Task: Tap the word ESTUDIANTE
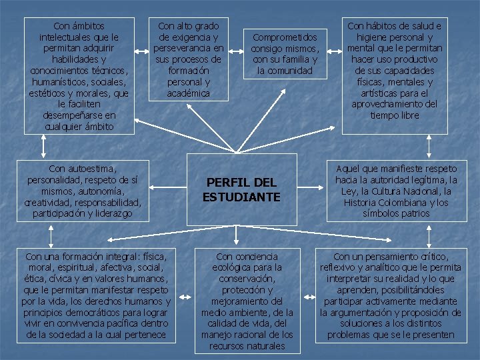pos(241,197)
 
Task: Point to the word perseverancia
pos(188,49)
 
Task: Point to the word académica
pos(188,93)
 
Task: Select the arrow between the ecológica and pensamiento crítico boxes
pos(307,297)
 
